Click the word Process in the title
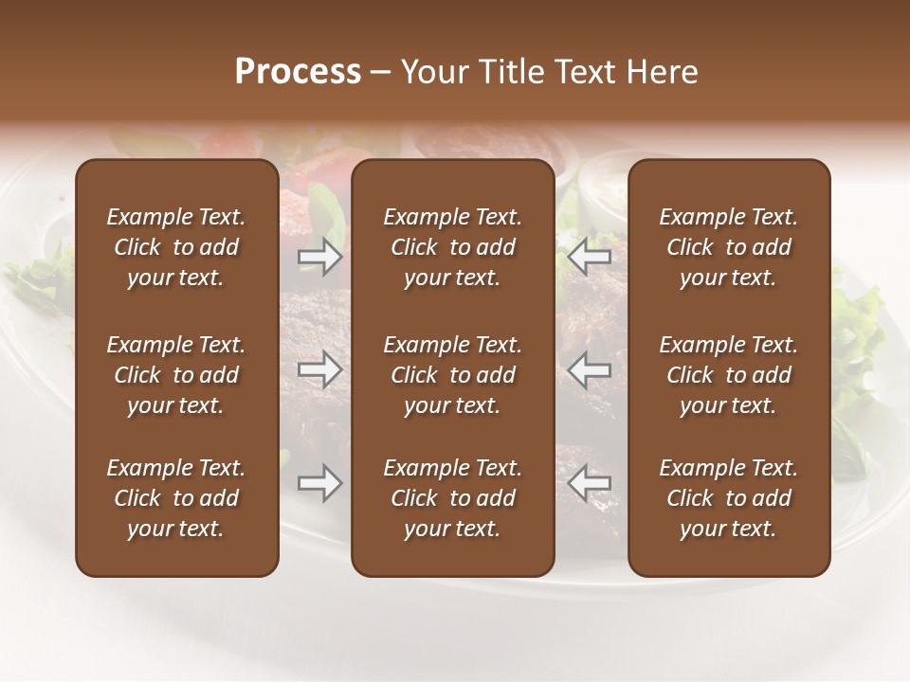coord(298,71)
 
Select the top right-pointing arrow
coord(319,257)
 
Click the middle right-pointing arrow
coord(319,369)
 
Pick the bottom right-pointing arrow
coord(319,483)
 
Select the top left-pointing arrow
coord(590,257)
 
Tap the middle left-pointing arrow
coord(590,369)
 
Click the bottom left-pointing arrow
coord(590,483)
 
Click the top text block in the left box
coord(176,247)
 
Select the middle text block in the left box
coord(176,375)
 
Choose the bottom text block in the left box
coord(176,498)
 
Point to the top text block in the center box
coord(453,247)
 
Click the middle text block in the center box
coord(453,375)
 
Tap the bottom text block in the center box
coord(453,498)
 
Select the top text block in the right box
coord(729,247)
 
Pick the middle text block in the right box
coord(729,375)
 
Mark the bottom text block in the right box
coord(729,498)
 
